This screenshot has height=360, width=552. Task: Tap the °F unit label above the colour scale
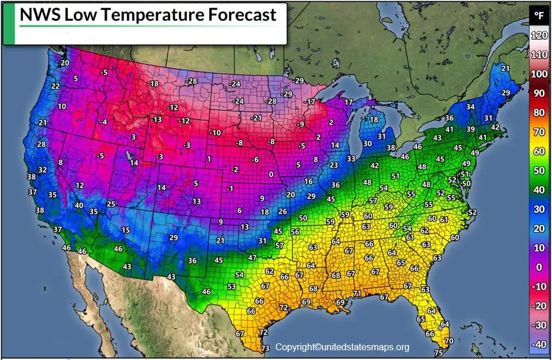[539, 16]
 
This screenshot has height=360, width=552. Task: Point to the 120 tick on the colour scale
[539, 36]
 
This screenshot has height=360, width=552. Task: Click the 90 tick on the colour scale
[539, 94]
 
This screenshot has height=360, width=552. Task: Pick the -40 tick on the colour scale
[539, 344]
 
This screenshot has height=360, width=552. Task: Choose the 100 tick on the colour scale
[539, 74]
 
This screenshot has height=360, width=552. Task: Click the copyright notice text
[342, 347]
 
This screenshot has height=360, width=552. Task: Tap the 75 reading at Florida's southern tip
[439, 353]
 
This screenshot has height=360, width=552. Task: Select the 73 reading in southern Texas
[265, 348]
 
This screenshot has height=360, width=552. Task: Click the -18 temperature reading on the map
[153, 84]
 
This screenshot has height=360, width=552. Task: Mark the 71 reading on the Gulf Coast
[356, 293]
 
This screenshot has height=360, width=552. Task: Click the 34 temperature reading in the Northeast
[470, 106]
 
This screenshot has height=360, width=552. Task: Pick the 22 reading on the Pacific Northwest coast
[56, 86]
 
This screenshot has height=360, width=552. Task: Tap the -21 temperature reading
[256, 118]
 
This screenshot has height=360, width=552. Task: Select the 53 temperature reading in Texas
[232, 286]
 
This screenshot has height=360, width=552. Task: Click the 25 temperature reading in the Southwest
[111, 204]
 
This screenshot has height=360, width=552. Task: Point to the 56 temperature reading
[295, 232]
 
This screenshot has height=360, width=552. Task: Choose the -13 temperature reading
[156, 120]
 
